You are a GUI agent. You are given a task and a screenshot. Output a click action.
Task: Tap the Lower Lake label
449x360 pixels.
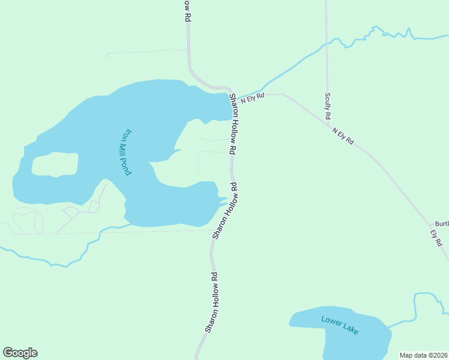point(339,325)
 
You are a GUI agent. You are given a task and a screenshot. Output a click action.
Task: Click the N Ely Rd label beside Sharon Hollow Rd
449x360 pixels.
point(253,98)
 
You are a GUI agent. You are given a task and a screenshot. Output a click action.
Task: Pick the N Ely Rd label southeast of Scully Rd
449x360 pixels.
point(343,136)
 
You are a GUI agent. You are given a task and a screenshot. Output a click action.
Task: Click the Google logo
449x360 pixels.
point(20,353)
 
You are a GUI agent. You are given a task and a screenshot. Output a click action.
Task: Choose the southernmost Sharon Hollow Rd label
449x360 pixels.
point(211,302)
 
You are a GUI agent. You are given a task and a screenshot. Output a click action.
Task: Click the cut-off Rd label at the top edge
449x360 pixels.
point(187,11)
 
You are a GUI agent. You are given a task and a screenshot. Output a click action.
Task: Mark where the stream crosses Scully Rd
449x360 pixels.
point(327,44)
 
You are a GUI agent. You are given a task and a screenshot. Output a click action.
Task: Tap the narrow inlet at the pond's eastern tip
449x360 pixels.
point(223,198)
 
